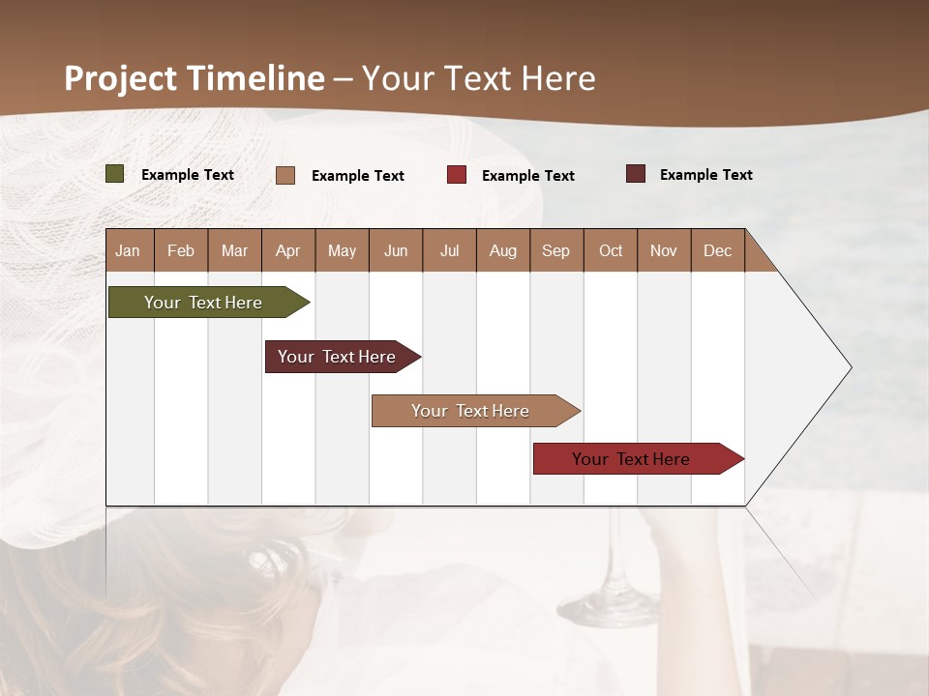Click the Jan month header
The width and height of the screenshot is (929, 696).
click(x=128, y=250)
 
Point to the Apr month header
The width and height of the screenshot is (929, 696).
click(x=288, y=250)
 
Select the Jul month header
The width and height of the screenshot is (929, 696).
click(x=449, y=250)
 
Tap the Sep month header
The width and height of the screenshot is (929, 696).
click(x=555, y=250)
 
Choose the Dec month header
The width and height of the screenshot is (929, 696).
click(x=717, y=250)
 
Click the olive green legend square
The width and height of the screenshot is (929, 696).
click(x=115, y=174)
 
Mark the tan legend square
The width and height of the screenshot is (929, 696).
click(x=285, y=175)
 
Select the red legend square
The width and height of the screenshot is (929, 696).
click(x=457, y=175)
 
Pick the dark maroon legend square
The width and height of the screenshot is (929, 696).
click(x=636, y=174)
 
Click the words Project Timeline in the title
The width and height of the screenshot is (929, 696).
click(x=195, y=78)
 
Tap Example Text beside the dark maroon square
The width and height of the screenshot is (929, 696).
click(x=705, y=175)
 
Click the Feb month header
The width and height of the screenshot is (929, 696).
click(x=181, y=250)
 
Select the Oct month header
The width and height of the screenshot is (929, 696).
click(x=611, y=250)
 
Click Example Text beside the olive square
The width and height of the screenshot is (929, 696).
click(x=188, y=175)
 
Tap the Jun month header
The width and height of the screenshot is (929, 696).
click(x=396, y=250)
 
